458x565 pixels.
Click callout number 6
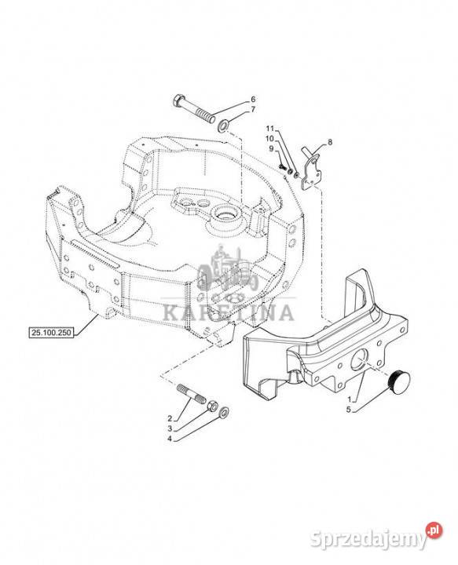[253, 99]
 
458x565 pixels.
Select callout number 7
[253, 109]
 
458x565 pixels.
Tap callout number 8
[330, 142]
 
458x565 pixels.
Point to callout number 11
[270, 128]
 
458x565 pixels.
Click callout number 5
[348, 410]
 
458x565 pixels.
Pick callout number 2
[170, 418]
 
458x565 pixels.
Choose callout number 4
[170, 439]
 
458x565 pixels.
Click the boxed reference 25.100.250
[51, 333]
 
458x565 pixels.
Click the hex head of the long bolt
[179, 101]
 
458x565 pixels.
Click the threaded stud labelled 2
[192, 394]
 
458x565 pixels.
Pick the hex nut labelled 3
[213, 406]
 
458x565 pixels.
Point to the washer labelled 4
[224, 411]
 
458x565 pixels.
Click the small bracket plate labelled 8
[311, 169]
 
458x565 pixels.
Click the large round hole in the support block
[359, 359]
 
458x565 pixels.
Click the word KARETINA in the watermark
[229, 312]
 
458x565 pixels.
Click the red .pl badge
[434, 530]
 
